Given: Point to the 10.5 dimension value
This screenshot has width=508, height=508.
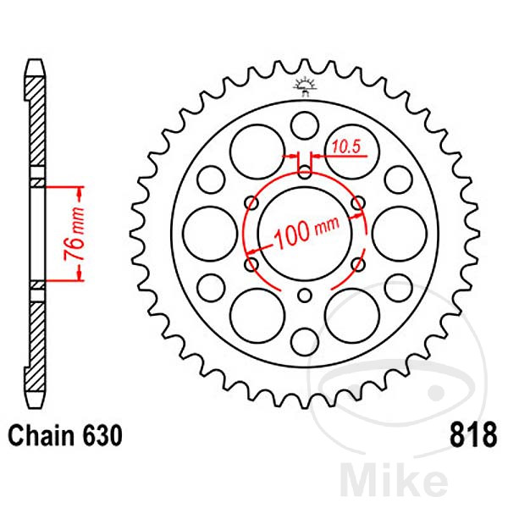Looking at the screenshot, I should (x=345, y=145).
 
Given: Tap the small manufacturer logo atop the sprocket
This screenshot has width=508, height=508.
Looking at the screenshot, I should (x=304, y=84).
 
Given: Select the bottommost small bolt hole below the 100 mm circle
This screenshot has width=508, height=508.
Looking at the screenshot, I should (x=305, y=295).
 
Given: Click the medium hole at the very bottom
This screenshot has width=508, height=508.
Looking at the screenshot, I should (x=304, y=341).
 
